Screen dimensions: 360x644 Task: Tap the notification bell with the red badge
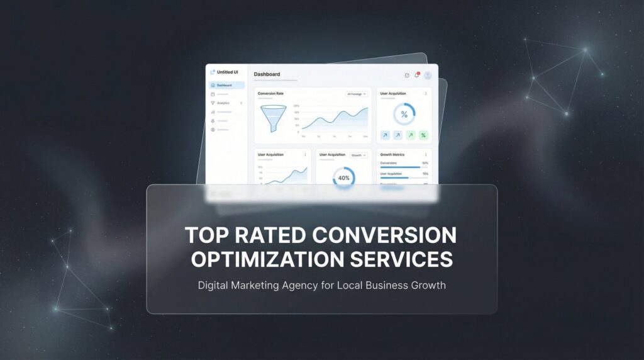point(416,75)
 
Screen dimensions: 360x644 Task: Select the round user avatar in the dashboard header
point(428,75)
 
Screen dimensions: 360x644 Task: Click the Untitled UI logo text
point(228,72)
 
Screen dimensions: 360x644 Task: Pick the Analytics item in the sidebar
point(223,103)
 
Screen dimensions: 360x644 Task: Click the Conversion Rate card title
point(270,94)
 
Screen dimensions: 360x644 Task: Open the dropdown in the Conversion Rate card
point(357,94)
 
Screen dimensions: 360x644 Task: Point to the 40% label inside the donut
point(344,178)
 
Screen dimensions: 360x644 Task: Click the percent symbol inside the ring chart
point(404,115)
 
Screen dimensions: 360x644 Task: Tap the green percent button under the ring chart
point(423,135)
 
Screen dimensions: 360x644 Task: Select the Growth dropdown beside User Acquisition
point(358,155)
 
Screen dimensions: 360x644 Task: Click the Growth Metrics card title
point(392,155)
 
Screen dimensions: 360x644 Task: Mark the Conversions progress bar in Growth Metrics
point(400,167)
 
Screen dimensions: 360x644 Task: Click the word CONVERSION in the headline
point(384,235)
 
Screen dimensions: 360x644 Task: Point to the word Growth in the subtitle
point(426,285)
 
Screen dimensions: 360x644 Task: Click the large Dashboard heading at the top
point(267,74)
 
